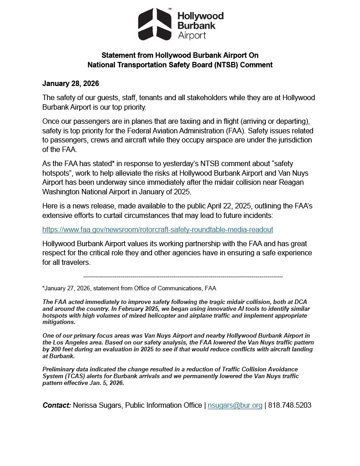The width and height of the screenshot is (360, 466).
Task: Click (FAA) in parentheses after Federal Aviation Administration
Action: [x=234, y=131]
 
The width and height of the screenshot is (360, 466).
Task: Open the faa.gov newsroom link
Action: [x=157, y=230]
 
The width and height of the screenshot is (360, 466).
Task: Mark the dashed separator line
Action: [x=183, y=277]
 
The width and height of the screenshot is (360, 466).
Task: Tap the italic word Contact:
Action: [x=57, y=405]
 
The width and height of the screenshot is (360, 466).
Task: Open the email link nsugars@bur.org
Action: [x=235, y=405]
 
